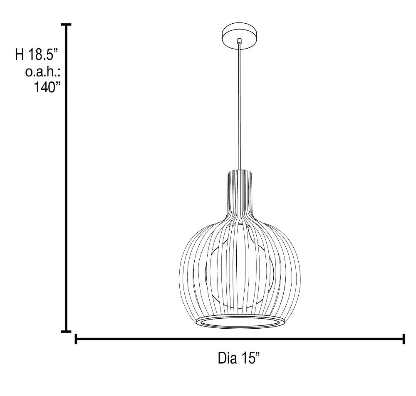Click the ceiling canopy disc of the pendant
pyautogui.click(x=239, y=36)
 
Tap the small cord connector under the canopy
pyautogui.click(x=239, y=41)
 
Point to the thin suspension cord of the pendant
pyautogui.click(x=240, y=106)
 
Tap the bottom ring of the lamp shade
pyautogui.click(x=240, y=322)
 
